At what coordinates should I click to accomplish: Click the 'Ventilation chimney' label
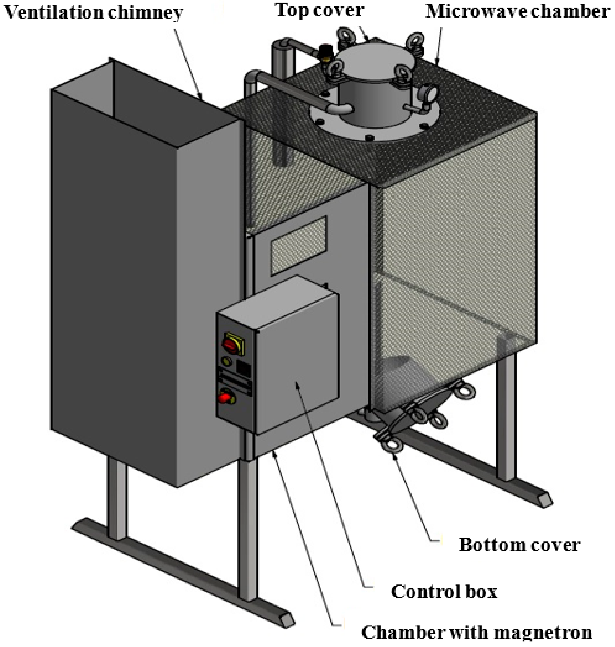click(x=93, y=13)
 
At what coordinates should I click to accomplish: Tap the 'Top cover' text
click(x=320, y=10)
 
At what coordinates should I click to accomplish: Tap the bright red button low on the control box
click(x=225, y=397)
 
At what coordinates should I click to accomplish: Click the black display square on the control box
click(x=243, y=369)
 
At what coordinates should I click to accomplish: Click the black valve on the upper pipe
click(x=324, y=51)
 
